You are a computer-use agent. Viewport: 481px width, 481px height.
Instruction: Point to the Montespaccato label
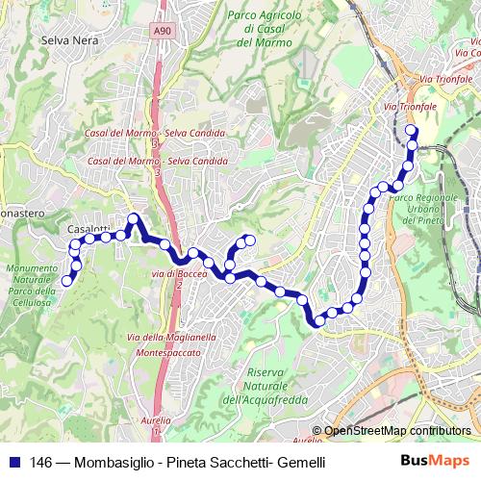(x=162, y=353)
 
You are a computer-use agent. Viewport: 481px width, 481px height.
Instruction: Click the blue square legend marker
(x=13, y=462)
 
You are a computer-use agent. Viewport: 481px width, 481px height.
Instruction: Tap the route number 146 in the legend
(x=41, y=462)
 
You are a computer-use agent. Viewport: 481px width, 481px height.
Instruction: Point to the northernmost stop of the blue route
(x=411, y=131)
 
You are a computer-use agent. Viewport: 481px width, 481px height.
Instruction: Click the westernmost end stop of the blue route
(x=67, y=280)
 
